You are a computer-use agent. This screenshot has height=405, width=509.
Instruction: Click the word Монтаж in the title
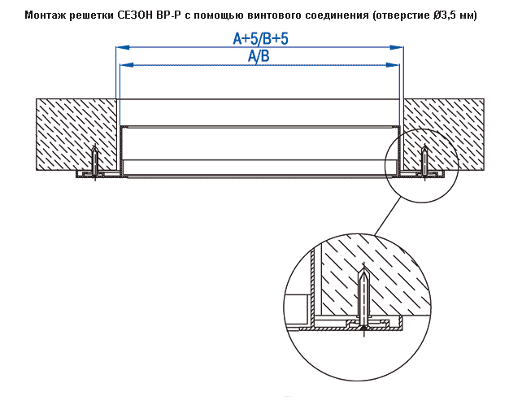tap(46, 15)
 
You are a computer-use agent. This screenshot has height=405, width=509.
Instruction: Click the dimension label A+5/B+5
tap(260, 39)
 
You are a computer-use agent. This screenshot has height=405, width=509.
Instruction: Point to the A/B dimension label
tap(259, 56)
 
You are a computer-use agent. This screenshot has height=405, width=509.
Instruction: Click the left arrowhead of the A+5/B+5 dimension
tap(123, 47)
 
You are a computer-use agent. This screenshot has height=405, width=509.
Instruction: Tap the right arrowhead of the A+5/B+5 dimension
tap(397, 47)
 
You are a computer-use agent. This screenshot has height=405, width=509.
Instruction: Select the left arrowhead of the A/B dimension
tap(127, 65)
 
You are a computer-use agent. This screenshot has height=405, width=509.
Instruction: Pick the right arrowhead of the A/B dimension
tap(393, 65)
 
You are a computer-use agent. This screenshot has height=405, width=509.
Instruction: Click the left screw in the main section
tap(94, 162)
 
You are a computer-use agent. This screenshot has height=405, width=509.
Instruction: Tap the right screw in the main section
tap(424, 162)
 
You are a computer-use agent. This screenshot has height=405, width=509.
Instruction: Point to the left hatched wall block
tap(76, 134)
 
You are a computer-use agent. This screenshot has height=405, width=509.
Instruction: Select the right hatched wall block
tap(444, 134)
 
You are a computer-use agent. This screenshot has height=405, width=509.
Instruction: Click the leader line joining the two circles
tap(386, 216)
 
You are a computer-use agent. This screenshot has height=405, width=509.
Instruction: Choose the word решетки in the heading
tap(92, 15)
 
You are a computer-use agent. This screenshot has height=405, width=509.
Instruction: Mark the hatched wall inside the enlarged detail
tap(373, 276)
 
